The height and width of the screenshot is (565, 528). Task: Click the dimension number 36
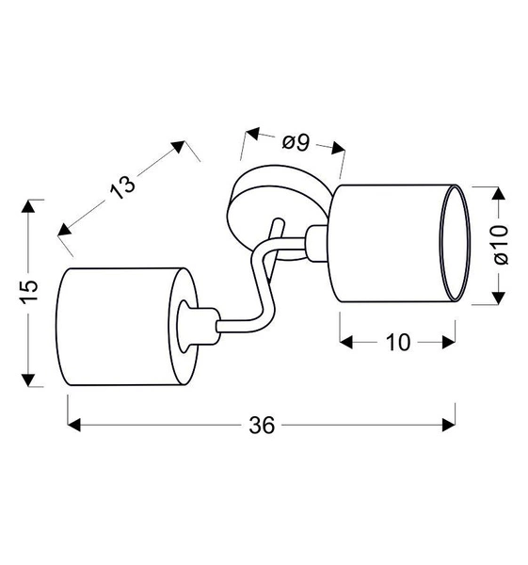pyautogui.click(x=262, y=426)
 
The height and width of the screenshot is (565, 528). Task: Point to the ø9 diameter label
pyautogui.click(x=296, y=142)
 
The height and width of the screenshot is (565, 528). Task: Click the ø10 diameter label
pyautogui.click(x=499, y=244)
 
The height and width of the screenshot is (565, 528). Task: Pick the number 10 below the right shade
pyautogui.click(x=398, y=342)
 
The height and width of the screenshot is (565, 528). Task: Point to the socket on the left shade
pyautogui.click(x=192, y=325)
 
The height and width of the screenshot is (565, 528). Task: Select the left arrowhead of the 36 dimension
pyautogui.click(x=75, y=426)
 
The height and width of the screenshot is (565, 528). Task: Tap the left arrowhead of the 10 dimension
pyautogui.click(x=346, y=342)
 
